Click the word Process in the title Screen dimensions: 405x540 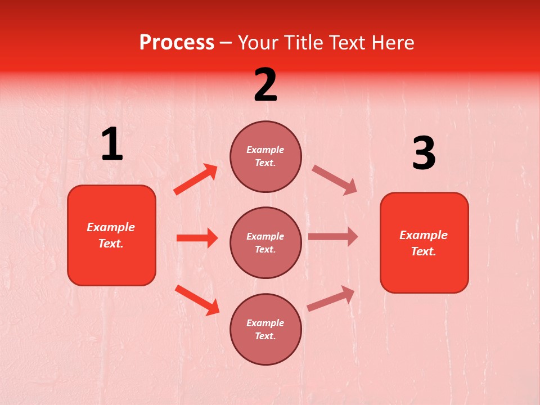tap(177, 43)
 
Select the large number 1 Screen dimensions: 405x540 tap(112, 145)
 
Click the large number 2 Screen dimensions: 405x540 tap(265, 85)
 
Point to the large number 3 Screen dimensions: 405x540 tap(424, 154)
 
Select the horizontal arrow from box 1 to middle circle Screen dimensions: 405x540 tap(197, 238)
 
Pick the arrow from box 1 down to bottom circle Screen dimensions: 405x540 tap(197, 300)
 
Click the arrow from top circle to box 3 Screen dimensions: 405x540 tap(335, 180)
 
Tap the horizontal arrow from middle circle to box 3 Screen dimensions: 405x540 tap(333, 236)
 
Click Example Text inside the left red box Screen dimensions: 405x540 tap(111, 235)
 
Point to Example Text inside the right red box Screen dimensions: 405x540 tap(424, 243)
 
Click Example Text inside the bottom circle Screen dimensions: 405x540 tap(265, 329)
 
